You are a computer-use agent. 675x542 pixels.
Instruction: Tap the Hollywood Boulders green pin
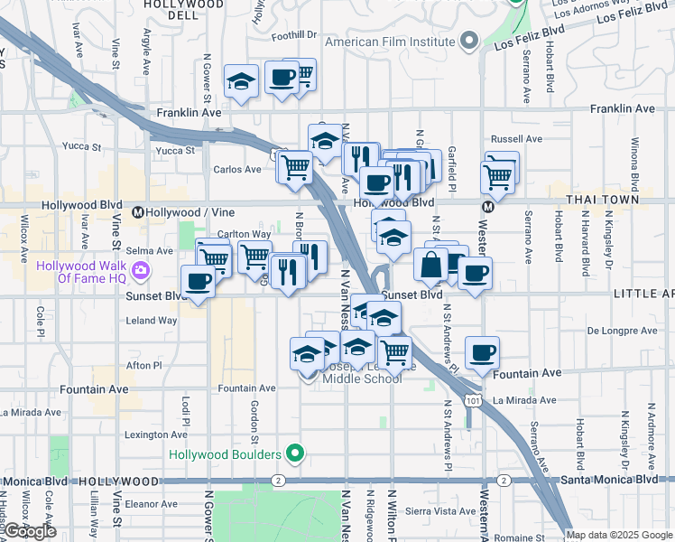[x=294, y=453]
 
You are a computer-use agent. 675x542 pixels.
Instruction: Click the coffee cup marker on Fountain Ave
[x=482, y=352]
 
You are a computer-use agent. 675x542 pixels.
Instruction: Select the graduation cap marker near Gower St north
[x=241, y=83]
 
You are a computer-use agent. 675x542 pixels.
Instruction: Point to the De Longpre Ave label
[x=622, y=332]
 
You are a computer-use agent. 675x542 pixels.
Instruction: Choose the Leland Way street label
[x=152, y=321]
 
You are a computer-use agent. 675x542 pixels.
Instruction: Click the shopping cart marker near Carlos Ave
[x=295, y=167]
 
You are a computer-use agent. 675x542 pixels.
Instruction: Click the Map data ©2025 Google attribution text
[x=618, y=535]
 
